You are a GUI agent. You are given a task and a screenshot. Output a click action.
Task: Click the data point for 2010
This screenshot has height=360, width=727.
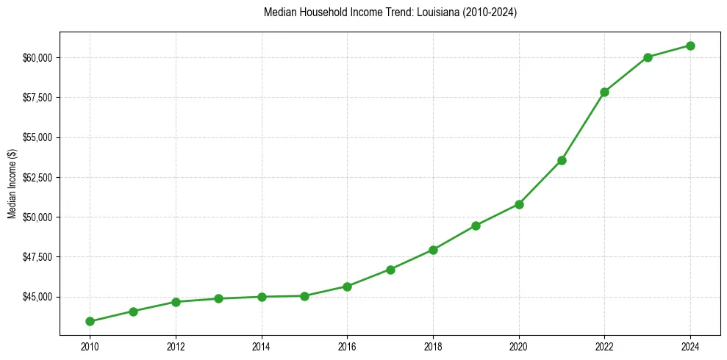(90, 321)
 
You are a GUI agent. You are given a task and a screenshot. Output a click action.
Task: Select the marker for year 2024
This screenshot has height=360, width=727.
(691, 46)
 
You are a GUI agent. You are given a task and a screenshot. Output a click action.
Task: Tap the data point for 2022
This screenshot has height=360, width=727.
(605, 92)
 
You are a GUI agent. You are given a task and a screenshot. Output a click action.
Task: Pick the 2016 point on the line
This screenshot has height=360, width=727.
(347, 287)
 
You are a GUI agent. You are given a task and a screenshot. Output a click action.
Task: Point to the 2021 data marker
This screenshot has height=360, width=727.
(562, 160)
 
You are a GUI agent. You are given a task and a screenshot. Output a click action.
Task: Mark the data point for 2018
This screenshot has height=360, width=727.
(433, 250)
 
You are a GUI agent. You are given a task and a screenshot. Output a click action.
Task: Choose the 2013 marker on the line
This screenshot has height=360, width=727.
(218, 298)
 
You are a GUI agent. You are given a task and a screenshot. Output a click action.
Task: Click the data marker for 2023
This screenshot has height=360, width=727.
(648, 57)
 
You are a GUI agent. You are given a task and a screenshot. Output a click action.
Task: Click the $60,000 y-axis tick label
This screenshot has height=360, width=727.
(37, 58)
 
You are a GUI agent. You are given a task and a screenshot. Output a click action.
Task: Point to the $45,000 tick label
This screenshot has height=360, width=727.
(37, 297)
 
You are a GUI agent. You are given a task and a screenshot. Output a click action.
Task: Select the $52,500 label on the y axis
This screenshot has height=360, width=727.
(37, 178)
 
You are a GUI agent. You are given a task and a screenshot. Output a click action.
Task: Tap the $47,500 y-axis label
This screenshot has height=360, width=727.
(37, 257)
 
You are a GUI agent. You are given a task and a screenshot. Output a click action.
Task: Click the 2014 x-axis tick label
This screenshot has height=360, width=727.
(261, 347)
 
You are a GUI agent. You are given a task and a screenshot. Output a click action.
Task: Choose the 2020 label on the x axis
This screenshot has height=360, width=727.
(519, 347)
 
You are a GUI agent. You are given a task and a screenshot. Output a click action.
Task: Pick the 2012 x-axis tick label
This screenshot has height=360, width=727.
(176, 347)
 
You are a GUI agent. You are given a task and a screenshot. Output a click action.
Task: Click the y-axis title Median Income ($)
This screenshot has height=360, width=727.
(12, 184)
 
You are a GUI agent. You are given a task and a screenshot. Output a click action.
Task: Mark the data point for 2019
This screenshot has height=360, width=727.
(476, 226)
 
